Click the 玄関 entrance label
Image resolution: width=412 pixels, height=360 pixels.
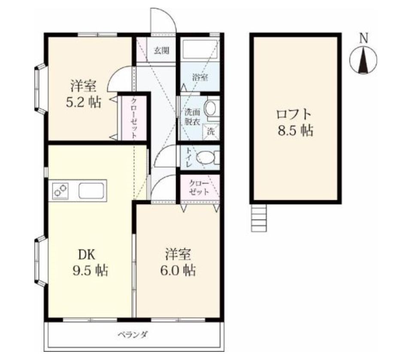pyautogui.click(x=161, y=50)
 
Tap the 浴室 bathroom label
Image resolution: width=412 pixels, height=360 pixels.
pyautogui.click(x=200, y=77)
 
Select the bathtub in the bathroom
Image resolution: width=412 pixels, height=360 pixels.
pyautogui.click(x=200, y=49)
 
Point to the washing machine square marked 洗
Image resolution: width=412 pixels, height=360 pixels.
pyautogui.click(x=211, y=131)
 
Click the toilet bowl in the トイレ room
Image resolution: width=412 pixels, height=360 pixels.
pyautogui.click(x=206, y=157)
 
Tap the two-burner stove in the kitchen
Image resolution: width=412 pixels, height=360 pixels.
pyautogui.click(x=61, y=190)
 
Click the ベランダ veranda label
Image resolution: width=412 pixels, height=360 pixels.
pyautogui.click(x=133, y=335)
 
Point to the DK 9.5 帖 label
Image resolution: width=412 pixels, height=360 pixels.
pyautogui.click(x=90, y=262)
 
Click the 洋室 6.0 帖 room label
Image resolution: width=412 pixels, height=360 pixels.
pyautogui.click(x=178, y=262)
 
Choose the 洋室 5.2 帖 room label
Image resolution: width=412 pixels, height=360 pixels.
pyautogui.click(x=83, y=94)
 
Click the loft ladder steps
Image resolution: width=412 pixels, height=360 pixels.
pyautogui.click(x=259, y=218)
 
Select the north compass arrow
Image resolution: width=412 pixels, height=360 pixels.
pyautogui.click(x=364, y=60)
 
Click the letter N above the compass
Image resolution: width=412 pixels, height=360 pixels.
pyautogui.click(x=364, y=38)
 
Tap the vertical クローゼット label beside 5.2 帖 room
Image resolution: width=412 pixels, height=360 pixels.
pyautogui.click(x=134, y=118)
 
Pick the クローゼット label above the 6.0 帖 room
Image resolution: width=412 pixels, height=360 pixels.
pyautogui.click(x=199, y=187)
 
